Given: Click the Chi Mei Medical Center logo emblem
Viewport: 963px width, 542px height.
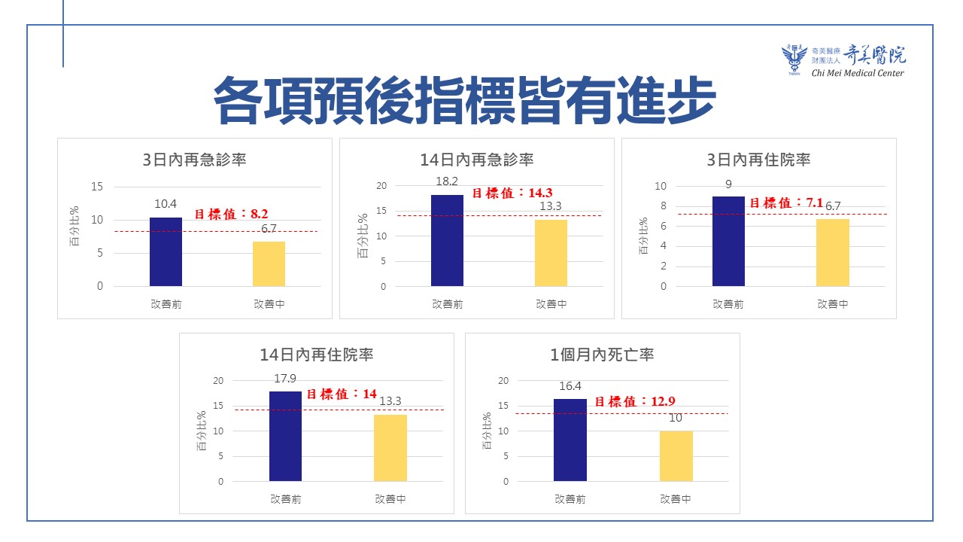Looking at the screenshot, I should tap(794, 59).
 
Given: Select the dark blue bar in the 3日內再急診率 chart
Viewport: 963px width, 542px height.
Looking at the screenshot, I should tap(166, 251).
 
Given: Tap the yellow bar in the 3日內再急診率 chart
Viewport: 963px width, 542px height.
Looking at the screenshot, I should tap(269, 263).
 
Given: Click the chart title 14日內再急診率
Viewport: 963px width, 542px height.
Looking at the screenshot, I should tap(477, 160).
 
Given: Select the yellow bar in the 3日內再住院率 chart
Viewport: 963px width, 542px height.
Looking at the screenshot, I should tap(832, 252).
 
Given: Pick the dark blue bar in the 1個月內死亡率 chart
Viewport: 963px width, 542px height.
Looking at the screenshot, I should tap(570, 440).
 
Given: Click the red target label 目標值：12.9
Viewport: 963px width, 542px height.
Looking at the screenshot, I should tap(630, 401).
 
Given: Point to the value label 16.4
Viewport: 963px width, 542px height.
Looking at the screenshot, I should tap(570, 386).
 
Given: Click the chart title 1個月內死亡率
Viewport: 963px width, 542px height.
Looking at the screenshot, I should tap(602, 355).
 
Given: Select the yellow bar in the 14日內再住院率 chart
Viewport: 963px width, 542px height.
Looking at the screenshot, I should tap(390, 447).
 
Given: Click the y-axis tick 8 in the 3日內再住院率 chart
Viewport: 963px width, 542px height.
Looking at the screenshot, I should tap(663, 206).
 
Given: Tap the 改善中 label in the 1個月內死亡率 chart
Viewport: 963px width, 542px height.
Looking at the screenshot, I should tap(676, 498).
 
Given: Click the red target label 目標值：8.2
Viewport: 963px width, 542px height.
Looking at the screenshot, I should tap(226, 214).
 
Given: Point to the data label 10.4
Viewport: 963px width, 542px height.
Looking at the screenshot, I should tap(166, 204).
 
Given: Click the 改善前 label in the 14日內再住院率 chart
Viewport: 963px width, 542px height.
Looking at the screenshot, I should tap(286, 498).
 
